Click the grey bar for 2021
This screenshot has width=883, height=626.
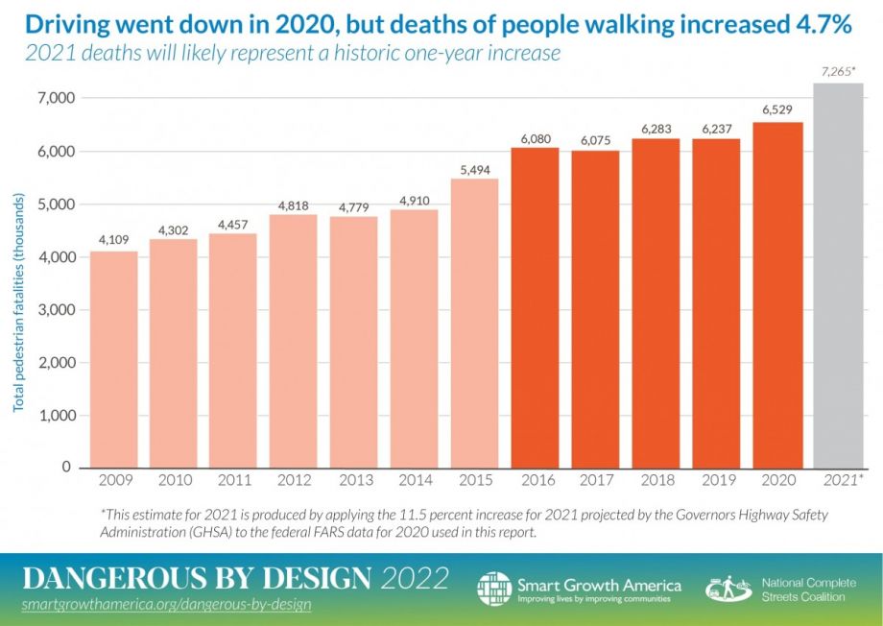click(838, 275)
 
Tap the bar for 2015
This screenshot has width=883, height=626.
click(475, 322)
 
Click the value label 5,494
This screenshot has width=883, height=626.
click(475, 168)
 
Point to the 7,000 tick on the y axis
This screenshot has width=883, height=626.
click(56, 99)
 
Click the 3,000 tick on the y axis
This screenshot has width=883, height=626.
click(56, 310)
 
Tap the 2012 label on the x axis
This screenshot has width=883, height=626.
click(295, 479)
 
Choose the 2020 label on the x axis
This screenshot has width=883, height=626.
click(778, 479)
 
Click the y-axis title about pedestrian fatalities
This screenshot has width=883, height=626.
click(19, 301)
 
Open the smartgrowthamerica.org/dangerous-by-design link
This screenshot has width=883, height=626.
click(166, 606)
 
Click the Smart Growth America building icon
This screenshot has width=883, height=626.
click(494, 588)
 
